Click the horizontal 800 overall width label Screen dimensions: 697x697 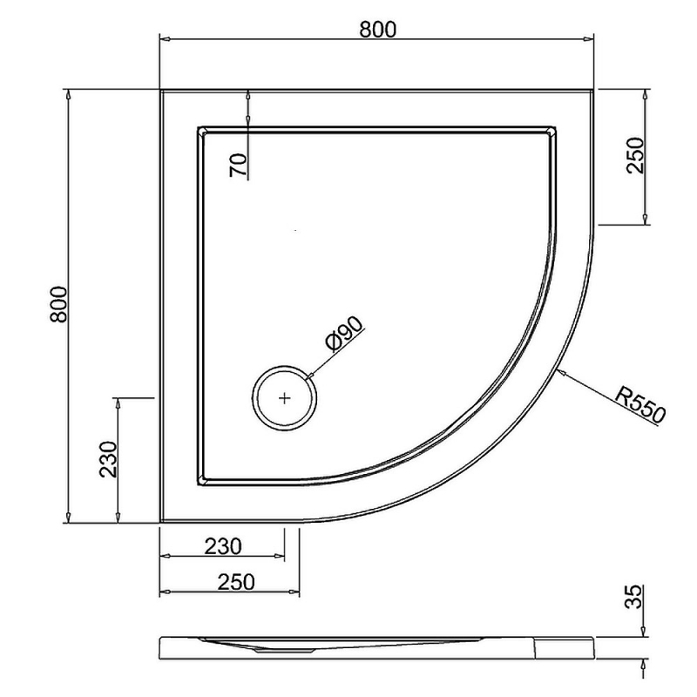click(x=377, y=29)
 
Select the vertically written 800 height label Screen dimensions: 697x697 click(x=58, y=305)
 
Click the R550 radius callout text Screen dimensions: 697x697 click(x=639, y=404)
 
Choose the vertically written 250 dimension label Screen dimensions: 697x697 click(x=635, y=156)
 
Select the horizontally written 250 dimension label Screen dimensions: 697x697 click(x=229, y=582)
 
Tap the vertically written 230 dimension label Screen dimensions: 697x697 click(x=107, y=459)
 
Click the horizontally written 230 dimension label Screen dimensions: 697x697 click(x=222, y=546)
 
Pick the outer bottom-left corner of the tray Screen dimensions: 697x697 click(x=161, y=523)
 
